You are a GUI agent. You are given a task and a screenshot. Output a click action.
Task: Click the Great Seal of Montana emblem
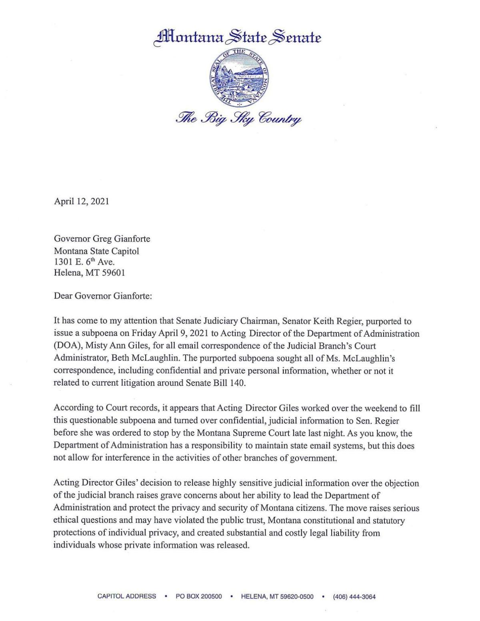point(239,78)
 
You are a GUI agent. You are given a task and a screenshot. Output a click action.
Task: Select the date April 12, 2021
point(82,201)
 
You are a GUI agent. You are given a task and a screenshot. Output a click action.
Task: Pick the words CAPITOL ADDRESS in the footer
point(127,597)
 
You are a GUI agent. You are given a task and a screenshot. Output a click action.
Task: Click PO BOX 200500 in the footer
point(199,597)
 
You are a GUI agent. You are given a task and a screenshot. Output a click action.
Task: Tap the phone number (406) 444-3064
point(354,597)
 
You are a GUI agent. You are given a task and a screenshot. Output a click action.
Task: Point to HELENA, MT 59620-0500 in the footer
point(277,597)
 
